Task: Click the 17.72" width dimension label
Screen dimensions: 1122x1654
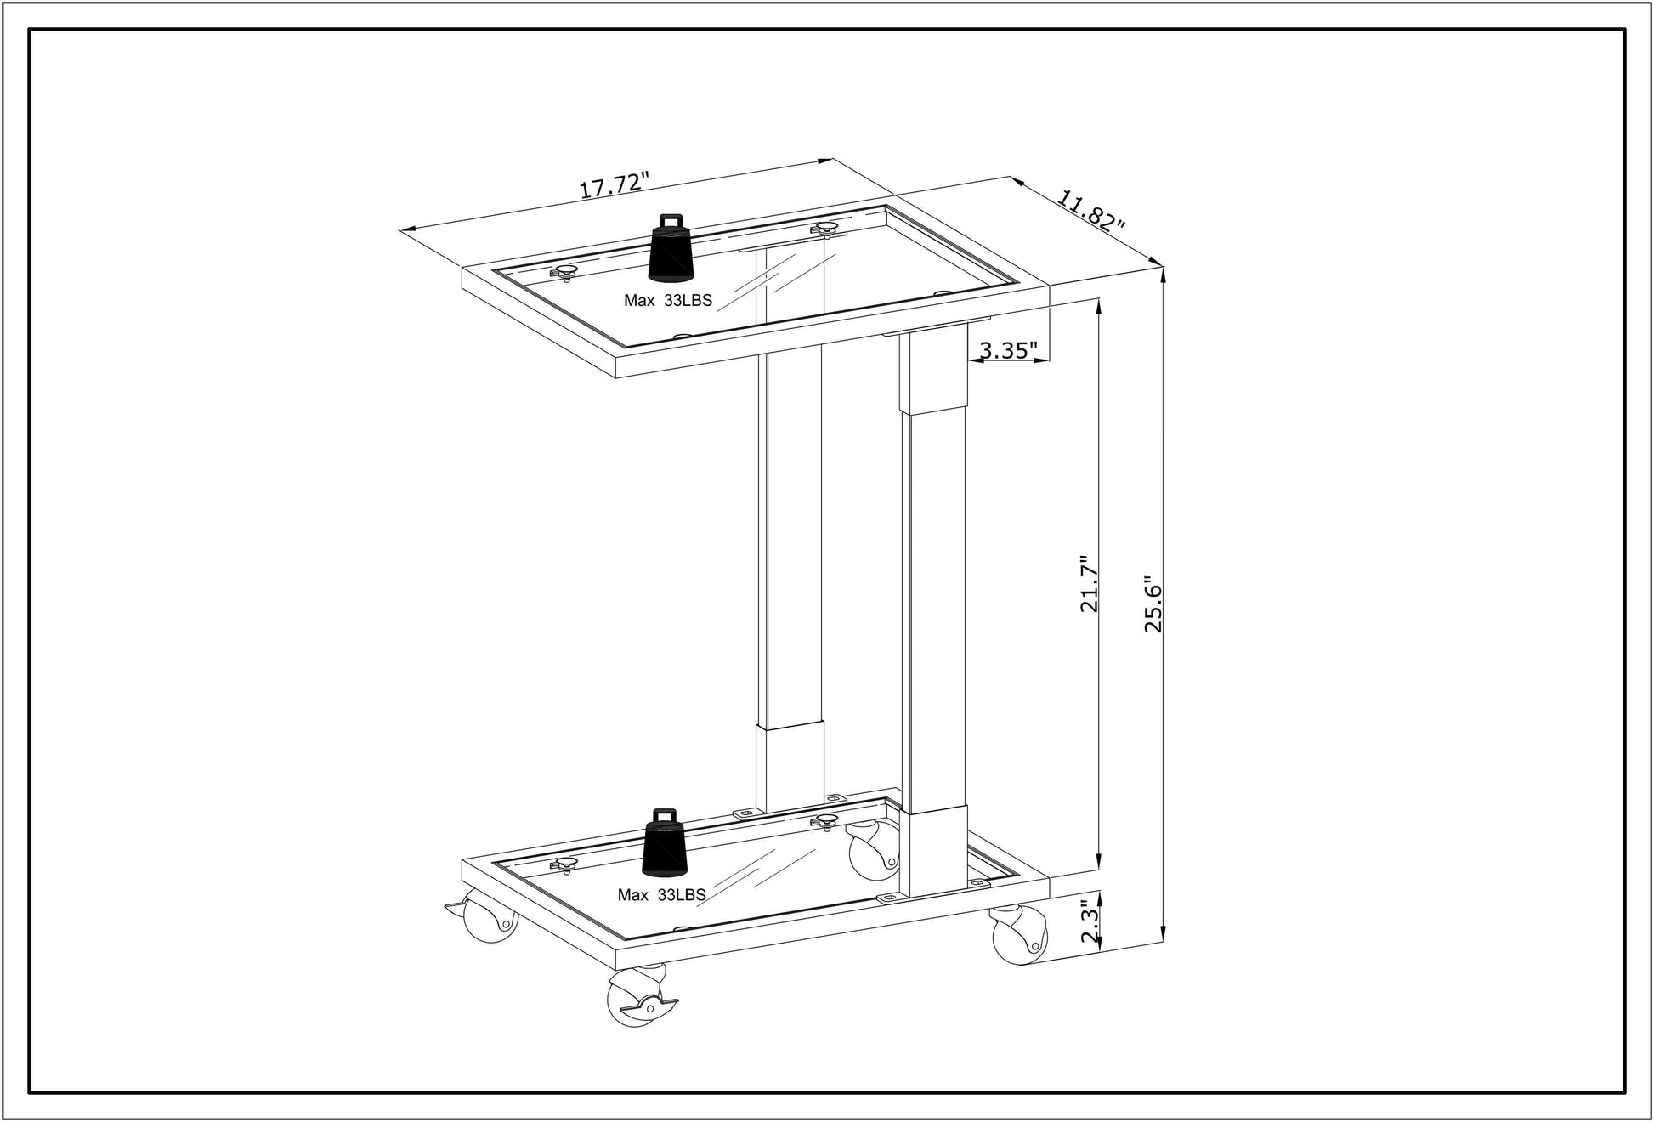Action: click(x=614, y=185)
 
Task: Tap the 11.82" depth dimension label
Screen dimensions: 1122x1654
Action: click(x=1091, y=212)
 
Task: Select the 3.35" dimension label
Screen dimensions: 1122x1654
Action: click(x=1008, y=350)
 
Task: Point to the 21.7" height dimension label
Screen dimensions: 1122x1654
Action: click(x=1090, y=584)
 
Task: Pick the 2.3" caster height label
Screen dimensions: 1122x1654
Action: click(x=1090, y=922)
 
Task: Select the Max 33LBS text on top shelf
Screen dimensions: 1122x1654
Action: click(x=668, y=300)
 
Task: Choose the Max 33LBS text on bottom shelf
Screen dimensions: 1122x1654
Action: click(x=661, y=895)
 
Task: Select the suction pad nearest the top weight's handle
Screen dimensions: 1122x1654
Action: click(x=824, y=228)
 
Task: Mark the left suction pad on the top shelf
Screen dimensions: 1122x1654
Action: click(x=564, y=272)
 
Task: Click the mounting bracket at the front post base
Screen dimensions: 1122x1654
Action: click(x=891, y=898)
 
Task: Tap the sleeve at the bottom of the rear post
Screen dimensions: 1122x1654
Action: click(x=790, y=766)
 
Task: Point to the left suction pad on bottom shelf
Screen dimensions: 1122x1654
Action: click(x=564, y=865)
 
